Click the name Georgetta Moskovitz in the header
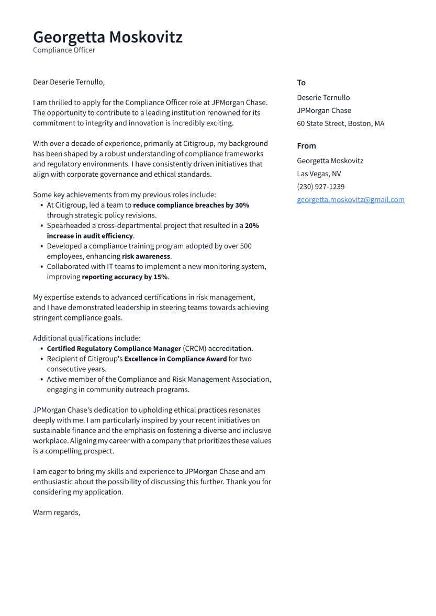pos(108,37)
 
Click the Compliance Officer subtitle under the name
pos(64,50)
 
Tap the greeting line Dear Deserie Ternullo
pos(69,82)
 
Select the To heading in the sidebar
pos(301,83)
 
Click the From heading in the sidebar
pos(306,146)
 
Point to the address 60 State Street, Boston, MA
pos(340,123)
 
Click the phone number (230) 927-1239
pos(320,187)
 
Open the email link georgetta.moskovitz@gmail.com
pos(350,200)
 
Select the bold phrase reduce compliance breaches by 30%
pos(191,205)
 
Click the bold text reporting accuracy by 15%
pos(125,277)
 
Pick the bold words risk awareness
pos(146,256)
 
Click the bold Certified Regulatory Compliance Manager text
pos(114,348)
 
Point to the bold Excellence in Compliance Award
pos(175,359)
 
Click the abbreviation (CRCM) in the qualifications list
pos(195,348)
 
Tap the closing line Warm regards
pos(57,512)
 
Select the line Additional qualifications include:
pos(86,338)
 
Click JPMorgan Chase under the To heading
pos(324,110)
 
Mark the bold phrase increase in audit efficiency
pos(90,236)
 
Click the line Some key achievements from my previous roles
pos(124,195)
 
